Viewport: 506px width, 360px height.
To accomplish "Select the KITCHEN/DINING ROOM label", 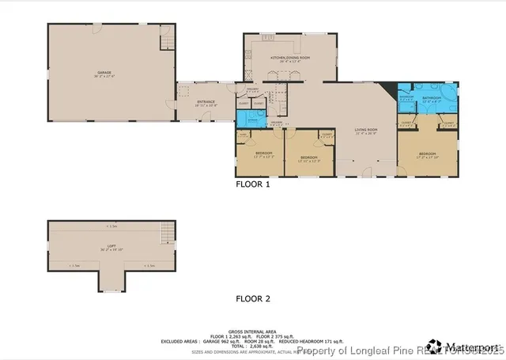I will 290,58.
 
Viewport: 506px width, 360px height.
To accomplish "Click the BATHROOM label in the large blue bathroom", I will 430,99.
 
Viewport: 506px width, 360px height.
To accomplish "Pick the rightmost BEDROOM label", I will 427,153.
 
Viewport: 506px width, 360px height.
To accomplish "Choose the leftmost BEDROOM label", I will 263,153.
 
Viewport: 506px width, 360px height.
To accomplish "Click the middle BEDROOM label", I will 308,157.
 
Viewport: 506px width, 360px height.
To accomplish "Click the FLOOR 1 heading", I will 253,184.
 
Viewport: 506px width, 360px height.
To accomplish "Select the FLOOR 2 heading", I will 253,298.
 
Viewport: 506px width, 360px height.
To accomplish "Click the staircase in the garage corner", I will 167,37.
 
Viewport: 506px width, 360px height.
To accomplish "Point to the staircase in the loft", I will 166,233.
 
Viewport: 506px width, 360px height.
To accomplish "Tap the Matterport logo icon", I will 434,346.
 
